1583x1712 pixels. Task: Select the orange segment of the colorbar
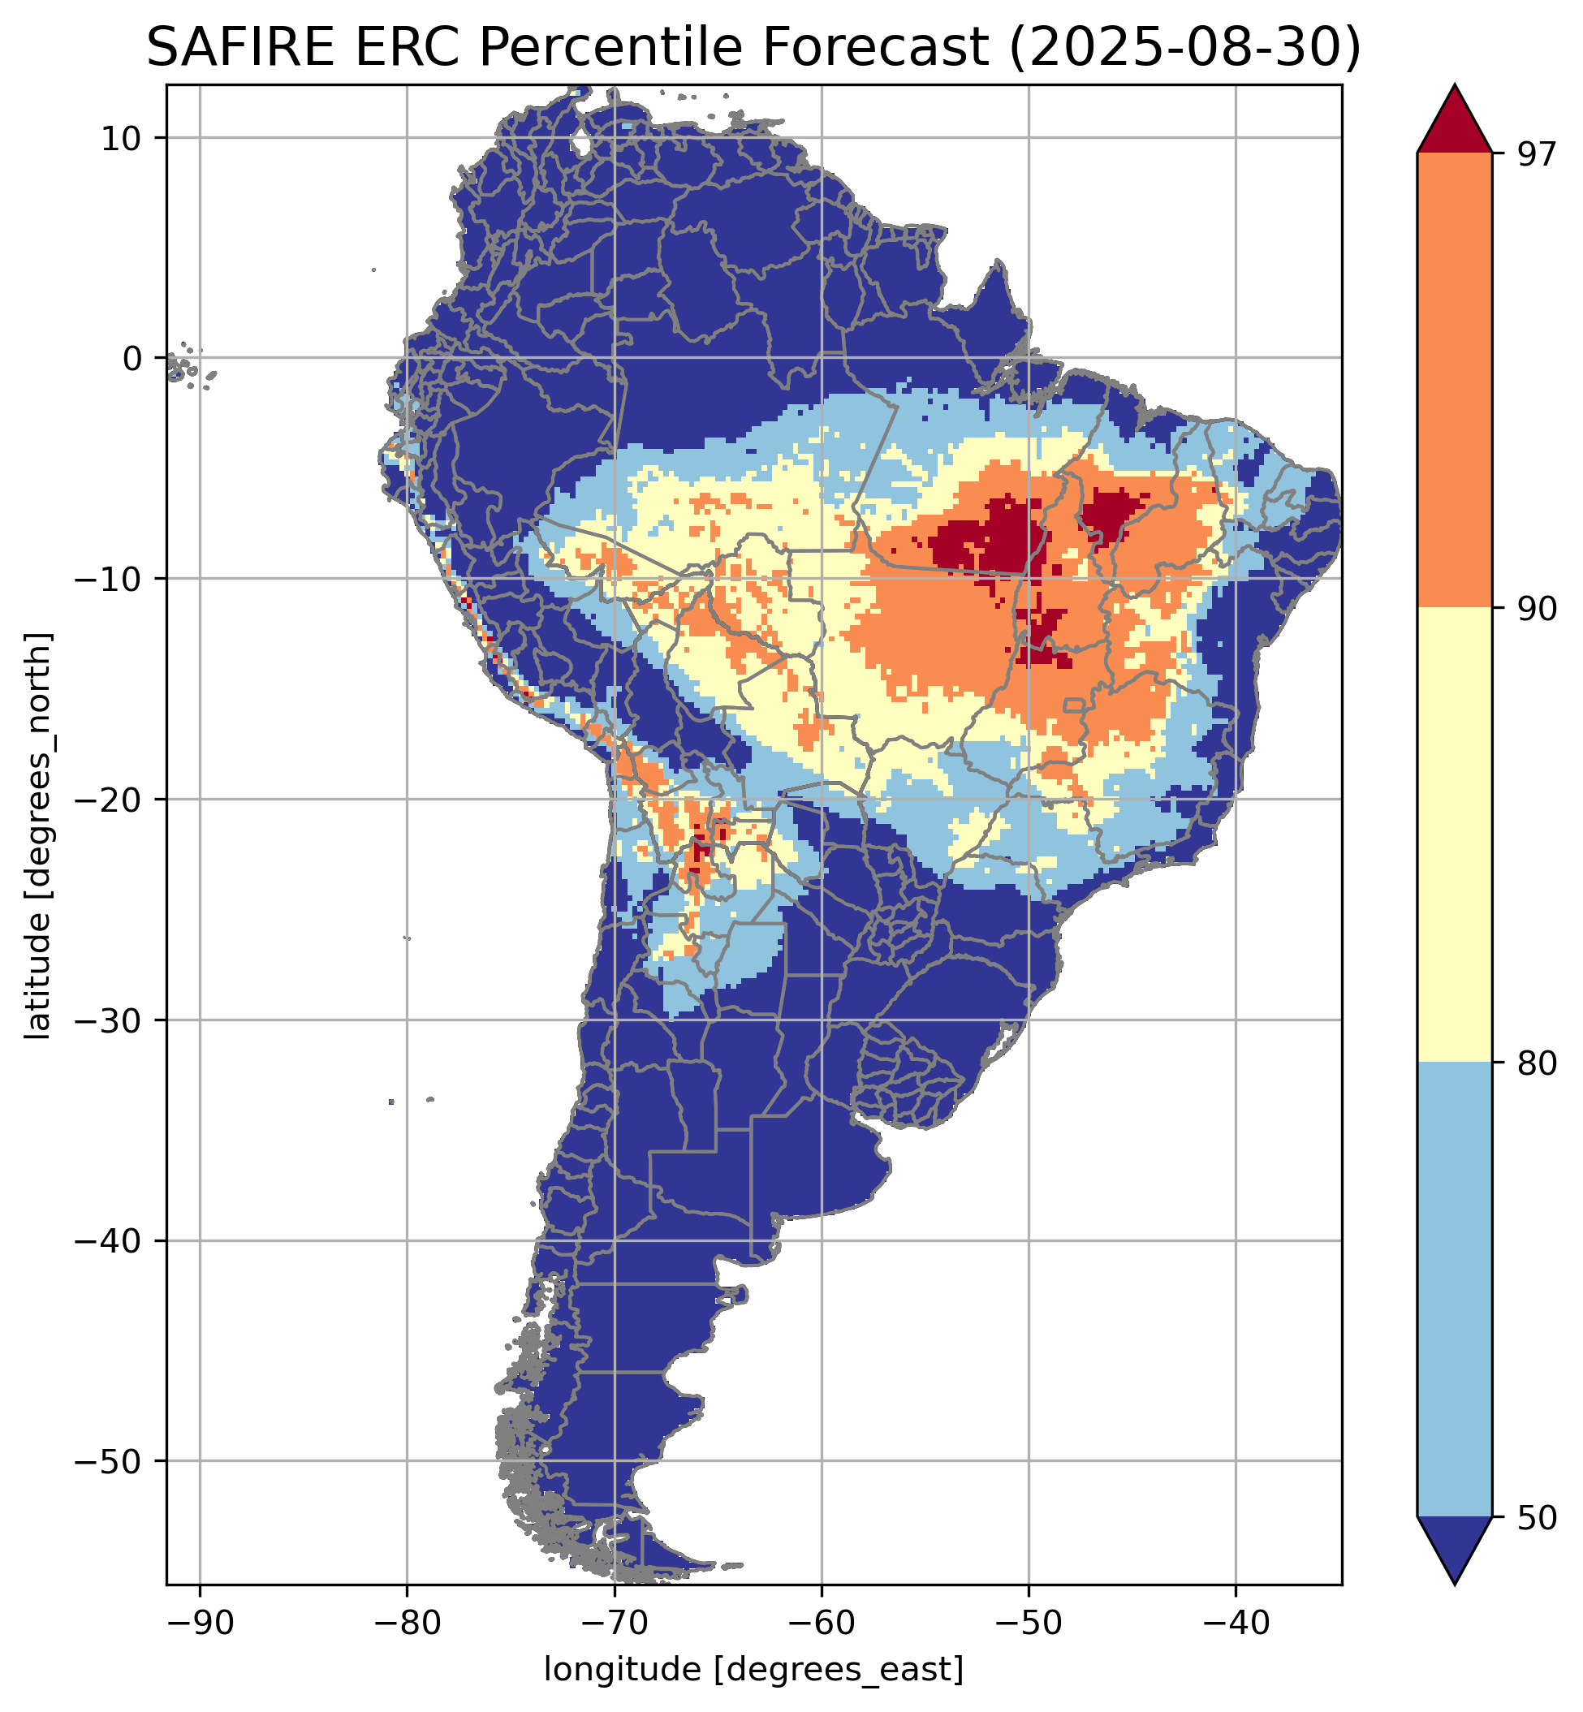[1455, 381]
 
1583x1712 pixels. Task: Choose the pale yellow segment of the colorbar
[1455, 835]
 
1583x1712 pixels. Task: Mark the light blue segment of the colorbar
[1455, 1289]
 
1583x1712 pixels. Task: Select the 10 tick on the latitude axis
[123, 138]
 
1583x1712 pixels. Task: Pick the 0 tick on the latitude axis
[132, 359]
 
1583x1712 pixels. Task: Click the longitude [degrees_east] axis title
[754, 1669]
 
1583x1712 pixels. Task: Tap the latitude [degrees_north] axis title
[38, 836]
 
